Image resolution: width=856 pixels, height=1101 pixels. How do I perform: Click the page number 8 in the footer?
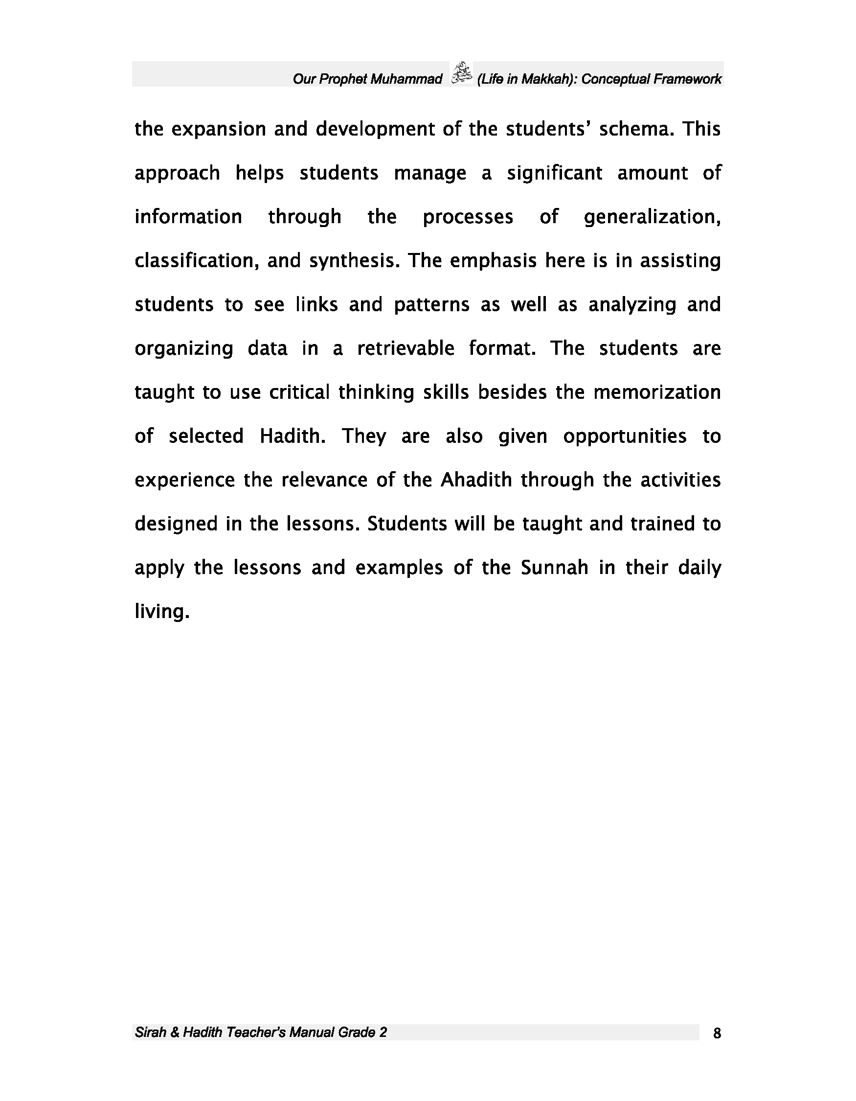click(x=717, y=1033)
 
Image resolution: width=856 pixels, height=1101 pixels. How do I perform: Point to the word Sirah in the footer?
click(x=150, y=1032)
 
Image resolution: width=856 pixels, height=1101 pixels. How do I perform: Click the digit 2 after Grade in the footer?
click(x=383, y=1032)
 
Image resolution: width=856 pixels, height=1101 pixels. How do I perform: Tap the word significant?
click(x=554, y=173)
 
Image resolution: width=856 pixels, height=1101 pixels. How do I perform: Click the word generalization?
click(x=652, y=217)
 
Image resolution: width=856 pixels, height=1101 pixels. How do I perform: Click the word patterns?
click(x=431, y=305)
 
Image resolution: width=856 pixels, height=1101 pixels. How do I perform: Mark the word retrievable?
click(x=405, y=348)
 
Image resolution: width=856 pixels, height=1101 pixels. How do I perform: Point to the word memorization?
click(x=656, y=392)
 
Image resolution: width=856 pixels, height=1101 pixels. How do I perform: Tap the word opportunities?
click(x=624, y=436)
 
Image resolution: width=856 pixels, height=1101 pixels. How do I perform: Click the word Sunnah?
click(x=554, y=568)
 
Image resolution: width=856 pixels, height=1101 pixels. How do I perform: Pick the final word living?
click(x=161, y=612)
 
